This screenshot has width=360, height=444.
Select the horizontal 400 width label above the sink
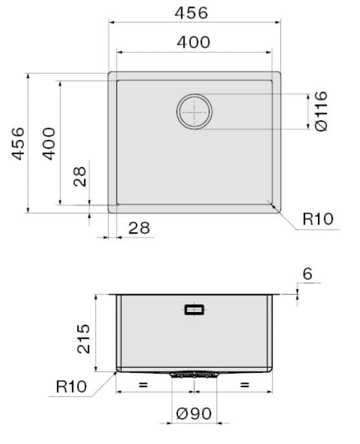(193, 42)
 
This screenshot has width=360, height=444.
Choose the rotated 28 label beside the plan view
(79, 176)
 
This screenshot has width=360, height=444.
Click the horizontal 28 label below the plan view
(138, 228)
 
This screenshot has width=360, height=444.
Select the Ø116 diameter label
(322, 111)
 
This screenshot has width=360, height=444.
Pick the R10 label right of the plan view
(317, 219)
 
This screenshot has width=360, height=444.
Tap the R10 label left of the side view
(71, 387)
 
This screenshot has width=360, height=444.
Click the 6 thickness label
(307, 274)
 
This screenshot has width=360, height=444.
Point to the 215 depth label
(84, 337)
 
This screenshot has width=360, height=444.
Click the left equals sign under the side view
(143, 384)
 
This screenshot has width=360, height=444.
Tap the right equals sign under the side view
(244, 384)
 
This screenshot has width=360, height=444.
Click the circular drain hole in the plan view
(194, 111)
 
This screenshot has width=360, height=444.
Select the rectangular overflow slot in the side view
(194, 310)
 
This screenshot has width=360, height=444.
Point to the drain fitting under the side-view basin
(194, 375)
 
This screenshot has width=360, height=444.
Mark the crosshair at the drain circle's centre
(194, 111)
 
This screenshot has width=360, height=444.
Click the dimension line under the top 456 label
(194, 23)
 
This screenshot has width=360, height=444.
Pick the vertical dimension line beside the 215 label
(95, 333)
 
